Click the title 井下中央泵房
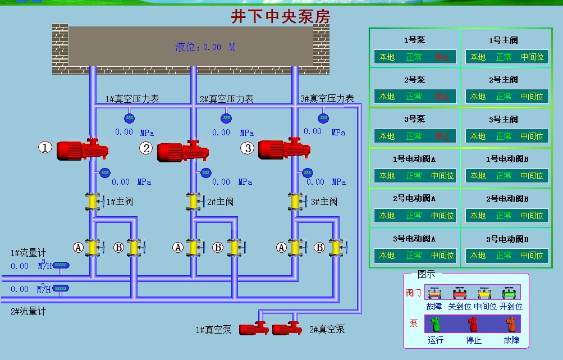pyautogui.click(x=281, y=16)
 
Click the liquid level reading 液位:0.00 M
pyautogui.click(x=205, y=47)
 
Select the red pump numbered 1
pyautogui.click(x=82, y=149)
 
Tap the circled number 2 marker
pyautogui.click(x=146, y=148)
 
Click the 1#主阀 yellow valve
pyautogui.click(x=92, y=202)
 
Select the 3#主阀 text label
pyautogui.click(x=324, y=202)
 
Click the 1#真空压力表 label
pyautogui.click(x=132, y=99)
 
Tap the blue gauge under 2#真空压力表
pyautogui.click(x=226, y=118)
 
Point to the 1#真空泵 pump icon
pyautogui.click(x=253, y=328)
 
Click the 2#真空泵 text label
pyautogui.click(x=327, y=330)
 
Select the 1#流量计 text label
pyautogui.click(x=28, y=253)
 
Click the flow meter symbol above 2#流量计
pyautogui.click(x=61, y=289)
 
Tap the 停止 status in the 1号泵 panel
pyautogui.click(x=442, y=57)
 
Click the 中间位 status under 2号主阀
pyautogui.click(x=532, y=97)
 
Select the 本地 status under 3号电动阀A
pyautogui.click(x=387, y=256)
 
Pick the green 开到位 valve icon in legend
pyautogui.click(x=509, y=293)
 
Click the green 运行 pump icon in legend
pyautogui.click(x=435, y=324)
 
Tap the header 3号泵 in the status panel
pyautogui.click(x=414, y=119)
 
